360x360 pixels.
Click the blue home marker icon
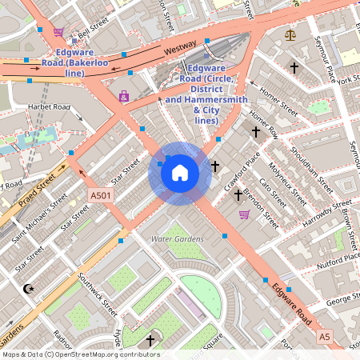click(180, 173)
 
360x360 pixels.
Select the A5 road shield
click(324, 337)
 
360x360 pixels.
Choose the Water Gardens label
click(177, 238)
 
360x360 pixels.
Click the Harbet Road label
click(49, 107)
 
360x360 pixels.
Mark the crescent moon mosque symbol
click(30, 288)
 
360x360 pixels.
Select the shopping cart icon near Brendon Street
click(244, 214)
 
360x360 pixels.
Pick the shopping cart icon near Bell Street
click(58, 32)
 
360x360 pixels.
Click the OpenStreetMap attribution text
click(80, 354)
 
